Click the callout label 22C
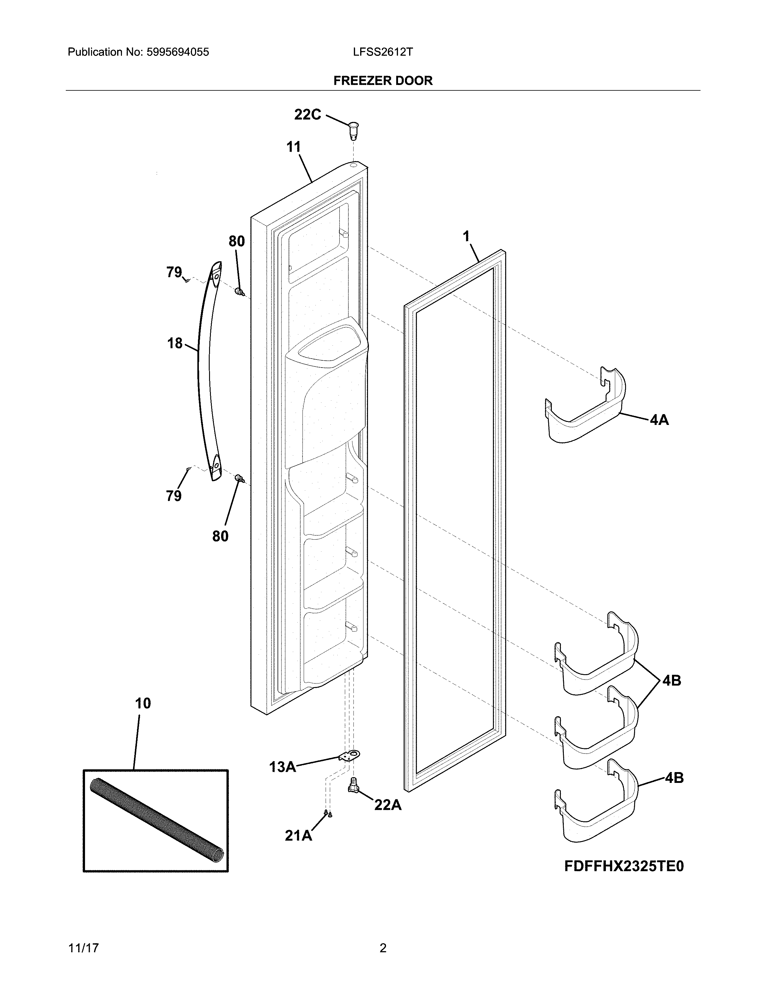[307, 115]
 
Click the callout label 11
[293, 147]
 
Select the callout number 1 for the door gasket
[466, 236]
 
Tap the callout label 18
[175, 343]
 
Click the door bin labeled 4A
[585, 408]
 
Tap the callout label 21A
[298, 835]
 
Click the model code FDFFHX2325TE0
[624, 866]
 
